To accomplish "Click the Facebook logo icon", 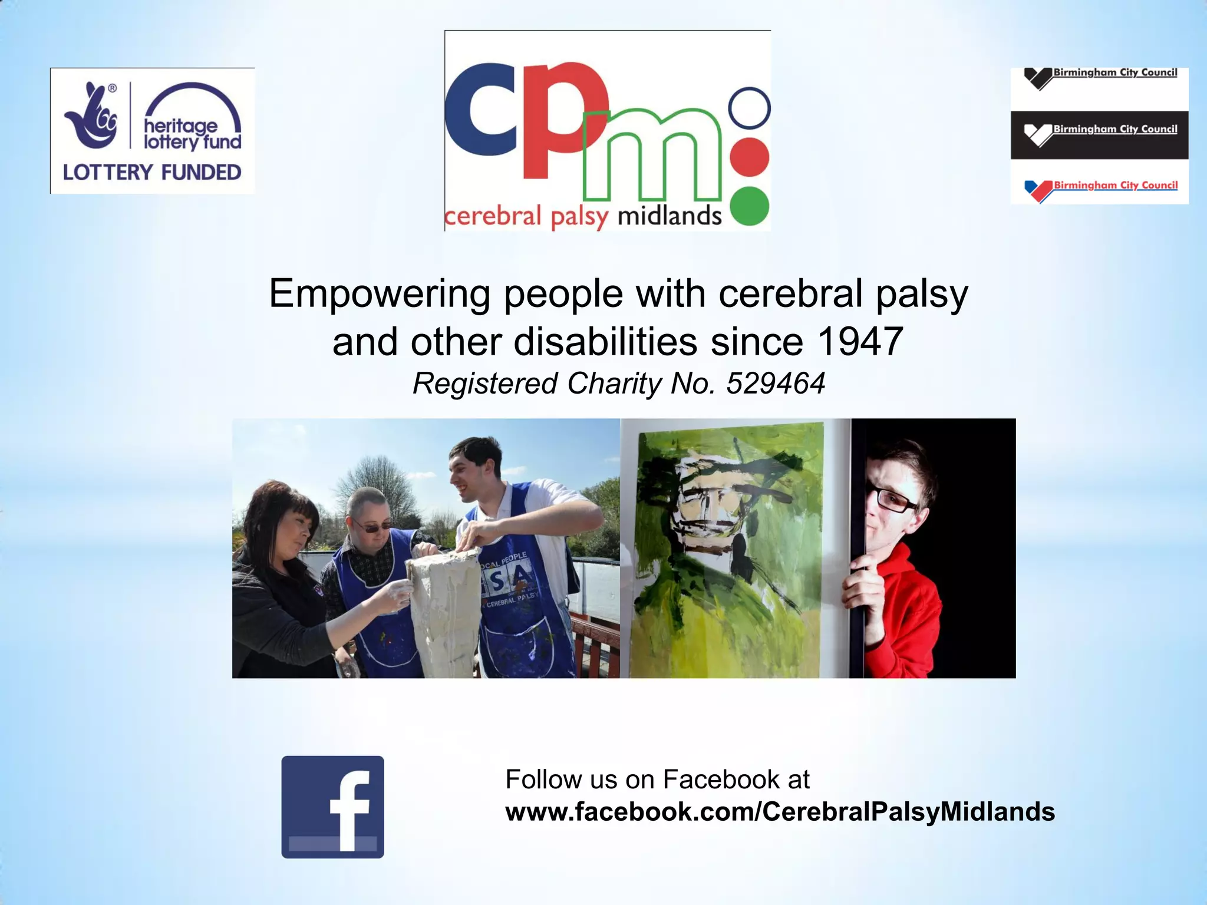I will click(332, 807).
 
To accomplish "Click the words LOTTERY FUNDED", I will click(152, 173).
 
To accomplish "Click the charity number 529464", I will click(775, 384).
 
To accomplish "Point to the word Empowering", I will click(380, 293).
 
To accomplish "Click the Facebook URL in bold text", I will click(780, 812).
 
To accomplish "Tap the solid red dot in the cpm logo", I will click(749, 157).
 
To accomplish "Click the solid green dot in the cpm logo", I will click(749, 206).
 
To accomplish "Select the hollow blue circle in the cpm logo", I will click(749, 108).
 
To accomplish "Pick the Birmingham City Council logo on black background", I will click(1099, 134).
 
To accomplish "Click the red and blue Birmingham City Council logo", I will click(1099, 189).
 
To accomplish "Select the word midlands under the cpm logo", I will click(669, 216).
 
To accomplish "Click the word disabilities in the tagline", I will click(605, 342).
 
